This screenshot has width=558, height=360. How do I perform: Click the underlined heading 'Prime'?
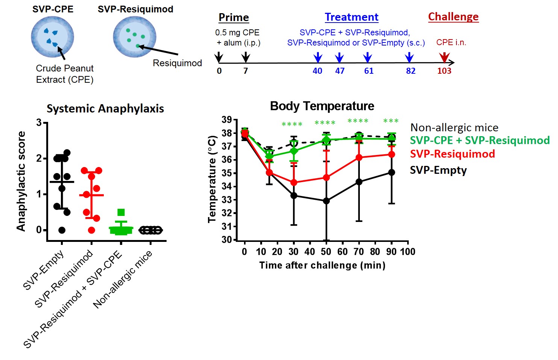(x=234, y=18)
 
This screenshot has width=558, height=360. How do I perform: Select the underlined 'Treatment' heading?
(x=351, y=17)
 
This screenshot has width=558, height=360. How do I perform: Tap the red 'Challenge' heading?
(x=453, y=17)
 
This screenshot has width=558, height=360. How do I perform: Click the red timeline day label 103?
(x=444, y=71)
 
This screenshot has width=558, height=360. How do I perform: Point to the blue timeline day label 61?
(x=368, y=71)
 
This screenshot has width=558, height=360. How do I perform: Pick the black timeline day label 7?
(x=246, y=71)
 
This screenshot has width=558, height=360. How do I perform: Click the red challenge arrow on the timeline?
(x=444, y=58)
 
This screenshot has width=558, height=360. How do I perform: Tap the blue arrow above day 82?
(x=409, y=58)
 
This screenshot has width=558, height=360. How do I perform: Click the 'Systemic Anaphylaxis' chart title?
(x=105, y=109)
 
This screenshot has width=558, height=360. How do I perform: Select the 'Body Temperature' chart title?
(x=322, y=106)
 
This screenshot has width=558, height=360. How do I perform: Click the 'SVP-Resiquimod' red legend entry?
(x=452, y=154)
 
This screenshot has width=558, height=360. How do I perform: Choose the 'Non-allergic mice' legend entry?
(x=454, y=128)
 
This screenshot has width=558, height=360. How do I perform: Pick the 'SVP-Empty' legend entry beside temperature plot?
(x=438, y=170)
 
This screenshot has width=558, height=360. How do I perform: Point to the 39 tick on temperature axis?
(x=227, y=120)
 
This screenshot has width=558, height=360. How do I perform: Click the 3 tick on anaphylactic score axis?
(x=39, y=123)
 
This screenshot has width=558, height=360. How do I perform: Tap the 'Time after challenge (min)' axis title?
(x=322, y=265)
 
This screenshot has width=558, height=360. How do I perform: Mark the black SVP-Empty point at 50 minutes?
(x=326, y=201)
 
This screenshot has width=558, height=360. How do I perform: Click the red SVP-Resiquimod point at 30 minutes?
(x=294, y=182)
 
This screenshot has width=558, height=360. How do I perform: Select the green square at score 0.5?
(x=121, y=213)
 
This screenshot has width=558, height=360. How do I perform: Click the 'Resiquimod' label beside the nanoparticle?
(x=177, y=63)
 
